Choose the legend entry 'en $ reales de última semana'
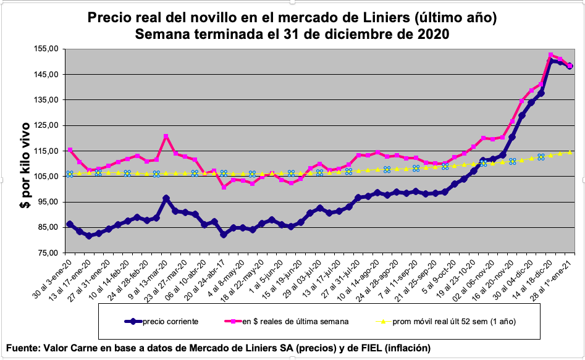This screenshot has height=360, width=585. click(295, 321)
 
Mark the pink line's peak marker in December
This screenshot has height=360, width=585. click(550, 55)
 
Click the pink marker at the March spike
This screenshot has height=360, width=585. click(166, 136)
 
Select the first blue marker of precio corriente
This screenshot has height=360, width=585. click(70, 224)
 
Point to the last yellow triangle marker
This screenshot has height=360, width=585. click(570, 151)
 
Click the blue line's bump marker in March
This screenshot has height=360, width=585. click(166, 198)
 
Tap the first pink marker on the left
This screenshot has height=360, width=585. click(70, 150)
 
